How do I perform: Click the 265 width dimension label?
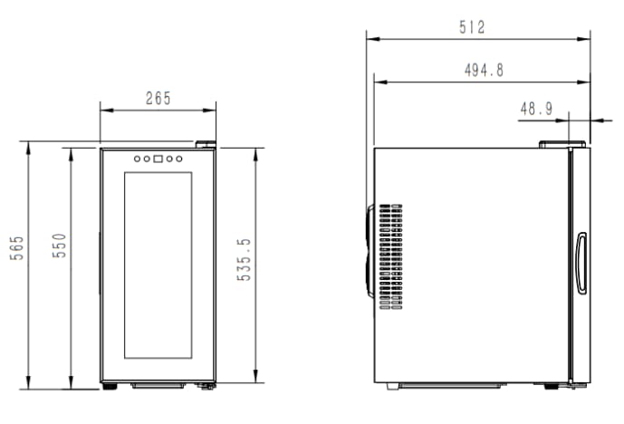click(158, 99)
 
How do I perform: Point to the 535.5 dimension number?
click(243, 260)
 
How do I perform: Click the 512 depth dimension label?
click(472, 27)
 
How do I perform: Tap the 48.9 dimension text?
click(536, 108)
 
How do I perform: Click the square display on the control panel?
click(158, 159)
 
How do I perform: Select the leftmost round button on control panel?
click(137, 159)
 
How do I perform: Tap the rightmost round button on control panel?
click(179, 159)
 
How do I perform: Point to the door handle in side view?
click(581, 263)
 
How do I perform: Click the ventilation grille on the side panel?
click(389, 256)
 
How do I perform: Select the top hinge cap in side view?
click(562, 143)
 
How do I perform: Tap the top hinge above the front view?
click(206, 143)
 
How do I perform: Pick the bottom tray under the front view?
click(158, 385)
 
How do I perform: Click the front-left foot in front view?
click(110, 386)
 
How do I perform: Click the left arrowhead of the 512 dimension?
click(370, 38)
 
